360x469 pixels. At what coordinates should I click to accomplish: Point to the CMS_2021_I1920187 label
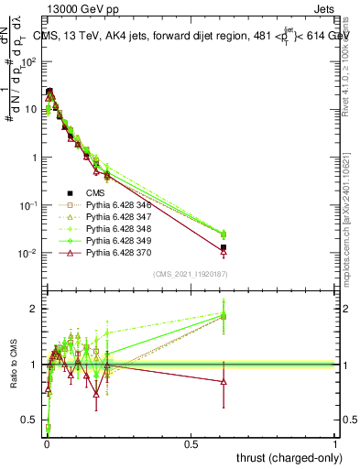190,274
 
